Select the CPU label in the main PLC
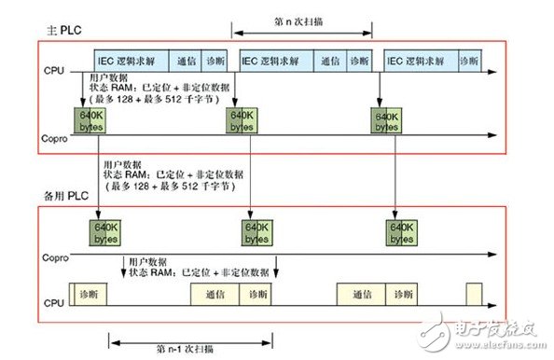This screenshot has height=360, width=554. [x=52, y=69]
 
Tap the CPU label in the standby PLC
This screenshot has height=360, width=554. [x=52, y=302]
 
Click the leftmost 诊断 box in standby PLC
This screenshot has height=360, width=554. [x=91, y=294]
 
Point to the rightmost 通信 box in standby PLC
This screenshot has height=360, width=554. [x=363, y=294]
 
